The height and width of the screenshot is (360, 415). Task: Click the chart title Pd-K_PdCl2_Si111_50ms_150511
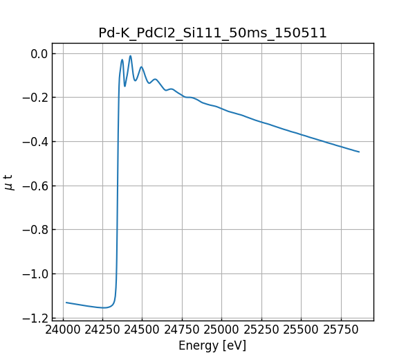212,33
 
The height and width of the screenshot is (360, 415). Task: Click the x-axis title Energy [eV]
212,345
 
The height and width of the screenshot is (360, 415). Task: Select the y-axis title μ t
9,181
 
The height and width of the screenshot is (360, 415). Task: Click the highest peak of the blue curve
130,56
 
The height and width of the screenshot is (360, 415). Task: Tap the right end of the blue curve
359,152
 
